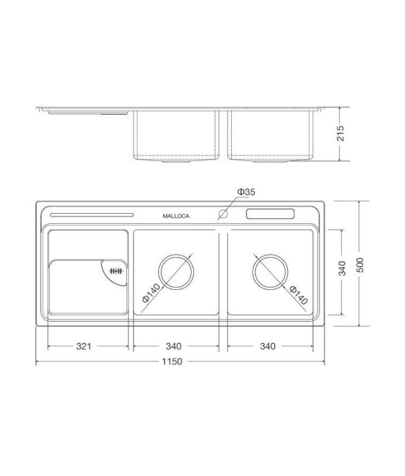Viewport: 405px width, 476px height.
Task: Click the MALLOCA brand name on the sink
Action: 176,217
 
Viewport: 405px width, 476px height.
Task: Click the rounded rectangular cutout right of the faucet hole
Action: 271,214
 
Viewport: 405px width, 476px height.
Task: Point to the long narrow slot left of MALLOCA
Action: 92,215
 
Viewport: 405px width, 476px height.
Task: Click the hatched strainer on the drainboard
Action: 115,272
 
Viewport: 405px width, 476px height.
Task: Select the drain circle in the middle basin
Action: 176,272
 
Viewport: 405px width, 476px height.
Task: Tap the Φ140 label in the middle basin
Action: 151,293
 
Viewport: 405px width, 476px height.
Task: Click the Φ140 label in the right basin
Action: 298,295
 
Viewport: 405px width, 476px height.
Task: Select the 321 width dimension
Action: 83,346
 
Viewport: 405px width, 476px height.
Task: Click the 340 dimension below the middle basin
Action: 173,346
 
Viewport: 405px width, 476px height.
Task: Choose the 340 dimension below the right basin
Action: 268,346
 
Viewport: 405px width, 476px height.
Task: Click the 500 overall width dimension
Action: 359,264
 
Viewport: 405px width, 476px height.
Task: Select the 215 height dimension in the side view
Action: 341,134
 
